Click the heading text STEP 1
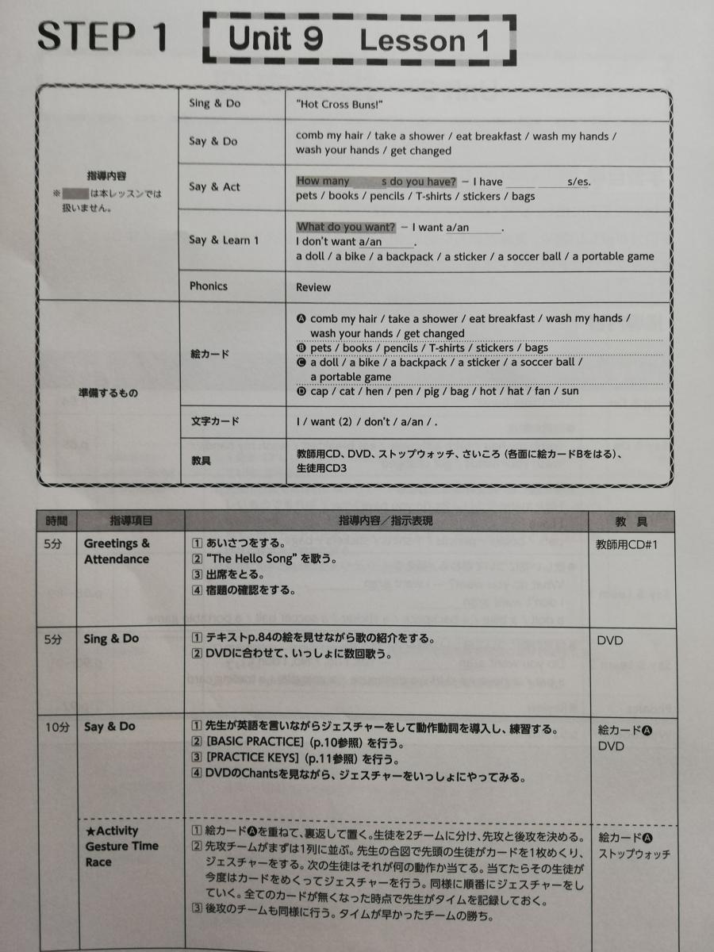click(102, 36)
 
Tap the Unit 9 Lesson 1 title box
click(359, 39)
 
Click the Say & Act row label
click(214, 187)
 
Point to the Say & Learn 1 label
click(224, 240)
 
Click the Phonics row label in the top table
click(208, 286)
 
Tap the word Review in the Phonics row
click(313, 287)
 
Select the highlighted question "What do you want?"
click(345, 227)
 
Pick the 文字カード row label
click(214, 422)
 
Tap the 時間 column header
click(57, 521)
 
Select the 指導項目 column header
click(131, 521)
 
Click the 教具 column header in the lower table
click(631, 521)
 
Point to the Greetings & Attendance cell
click(117, 551)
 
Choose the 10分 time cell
click(57, 727)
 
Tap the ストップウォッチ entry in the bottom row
click(634, 854)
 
